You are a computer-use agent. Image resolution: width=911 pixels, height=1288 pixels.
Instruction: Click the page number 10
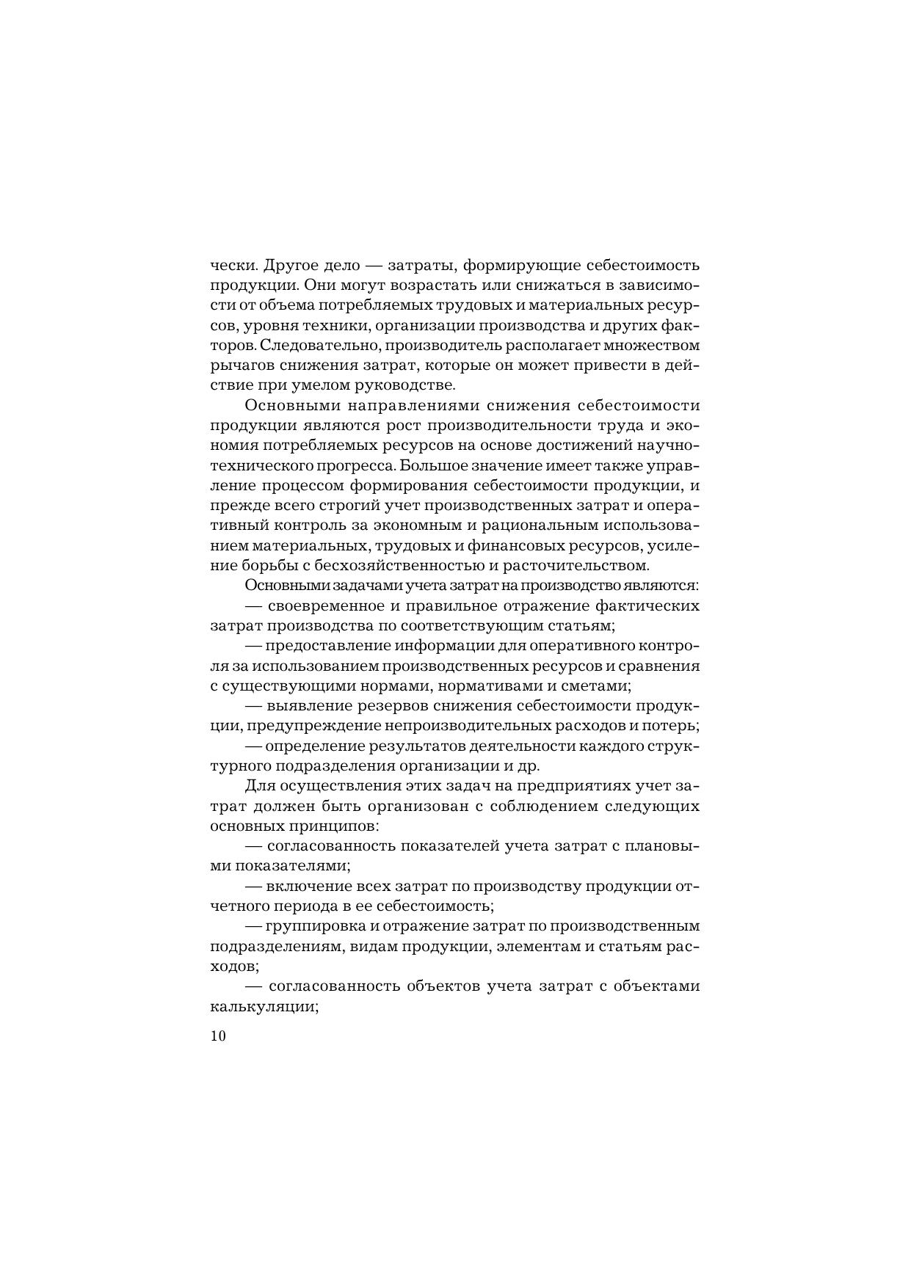218,1036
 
